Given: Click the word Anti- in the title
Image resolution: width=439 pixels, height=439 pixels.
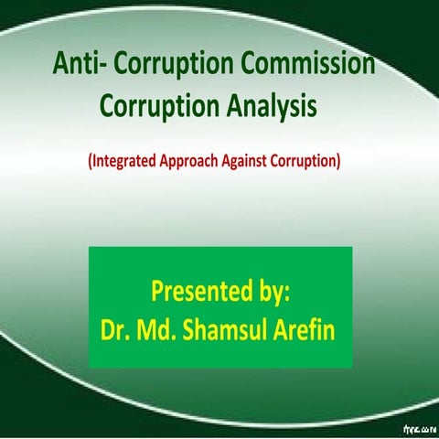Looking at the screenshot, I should click(x=79, y=66).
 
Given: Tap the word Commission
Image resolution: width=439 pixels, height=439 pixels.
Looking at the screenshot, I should click(x=306, y=66).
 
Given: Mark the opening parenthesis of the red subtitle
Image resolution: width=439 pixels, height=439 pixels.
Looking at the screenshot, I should click(x=91, y=162).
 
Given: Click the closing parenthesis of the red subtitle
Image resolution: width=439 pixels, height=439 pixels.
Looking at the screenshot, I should click(x=339, y=162).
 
